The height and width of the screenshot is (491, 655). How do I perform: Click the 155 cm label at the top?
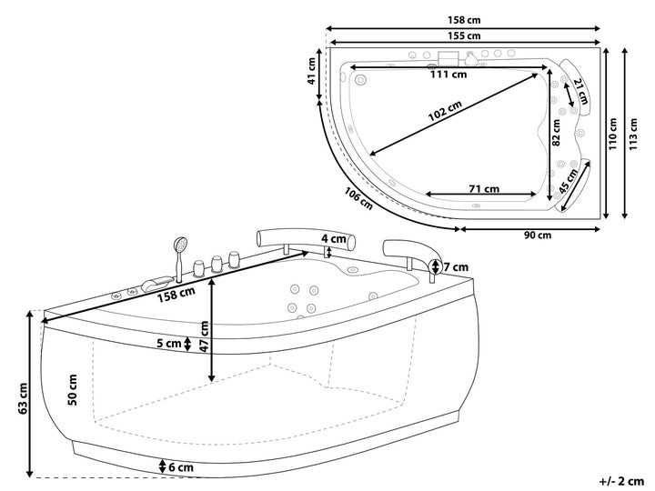coord(463,35)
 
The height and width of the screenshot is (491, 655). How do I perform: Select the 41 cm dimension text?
coord(312,71)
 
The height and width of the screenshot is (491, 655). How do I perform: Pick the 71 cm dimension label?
coord(483,189)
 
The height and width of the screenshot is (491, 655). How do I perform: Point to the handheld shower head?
coord(181,245)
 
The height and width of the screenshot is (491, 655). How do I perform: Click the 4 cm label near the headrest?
coord(337,239)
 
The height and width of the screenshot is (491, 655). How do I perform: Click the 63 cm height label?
coord(22,396)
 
